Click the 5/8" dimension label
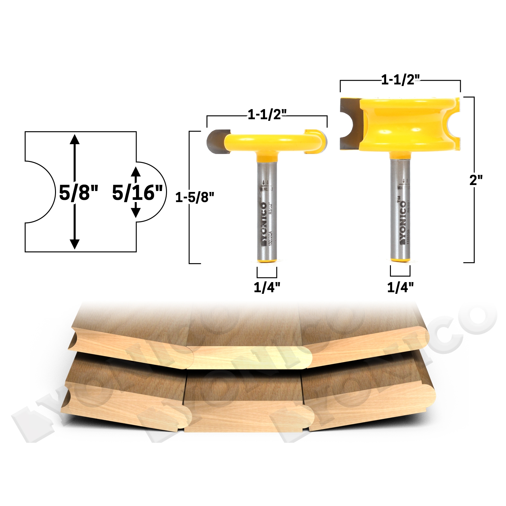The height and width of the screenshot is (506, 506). (x=78, y=192)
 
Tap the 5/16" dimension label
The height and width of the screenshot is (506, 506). (x=137, y=193)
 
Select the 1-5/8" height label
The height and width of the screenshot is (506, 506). (x=194, y=197)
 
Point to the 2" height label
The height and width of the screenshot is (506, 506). (x=476, y=180)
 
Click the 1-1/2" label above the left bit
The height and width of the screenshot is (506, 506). (x=267, y=114)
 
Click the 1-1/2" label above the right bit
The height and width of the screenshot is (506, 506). (x=400, y=80)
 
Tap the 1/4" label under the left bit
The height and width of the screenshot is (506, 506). (x=267, y=287)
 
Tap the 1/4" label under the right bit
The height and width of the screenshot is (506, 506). (x=400, y=287)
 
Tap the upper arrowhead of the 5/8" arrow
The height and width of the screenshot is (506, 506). (x=75, y=139)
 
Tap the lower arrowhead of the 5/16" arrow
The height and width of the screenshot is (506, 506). (x=136, y=213)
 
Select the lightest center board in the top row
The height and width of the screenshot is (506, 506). (x=250, y=357)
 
